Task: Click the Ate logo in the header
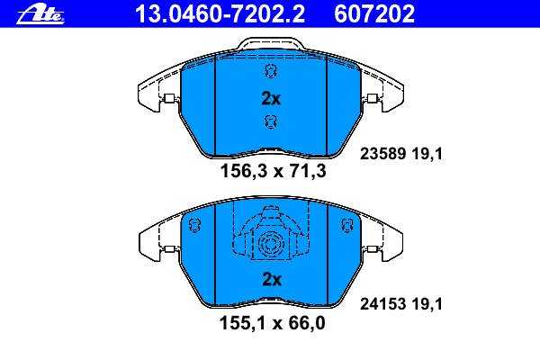click(x=40, y=14)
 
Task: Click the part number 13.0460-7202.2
click(x=220, y=14)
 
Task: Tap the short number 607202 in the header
click(x=374, y=14)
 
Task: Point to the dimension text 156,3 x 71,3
click(x=273, y=171)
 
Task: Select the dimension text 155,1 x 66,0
click(x=272, y=323)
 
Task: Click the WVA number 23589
click(x=383, y=154)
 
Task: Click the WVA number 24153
click(x=383, y=304)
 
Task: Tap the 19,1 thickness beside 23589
click(x=427, y=154)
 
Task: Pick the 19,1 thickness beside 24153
click(x=427, y=304)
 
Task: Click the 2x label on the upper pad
click(x=271, y=98)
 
